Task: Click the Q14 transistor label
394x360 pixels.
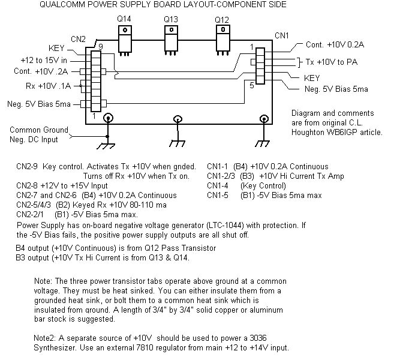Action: coord(124,19)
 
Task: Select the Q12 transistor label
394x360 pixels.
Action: coord(222,20)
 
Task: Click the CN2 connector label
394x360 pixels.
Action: coord(78,39)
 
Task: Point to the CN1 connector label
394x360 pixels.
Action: coord(282,35)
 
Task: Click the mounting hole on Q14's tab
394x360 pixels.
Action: coord(125,30)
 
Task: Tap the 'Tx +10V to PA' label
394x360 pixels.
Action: coord(332,62)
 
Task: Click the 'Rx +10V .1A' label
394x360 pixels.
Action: coord(48,86)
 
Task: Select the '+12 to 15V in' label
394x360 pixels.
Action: coord(44,61)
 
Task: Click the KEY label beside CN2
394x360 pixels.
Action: coord(56,48)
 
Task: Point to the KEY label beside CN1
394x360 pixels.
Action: coord(312,78)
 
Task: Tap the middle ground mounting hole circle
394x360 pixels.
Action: coord(178,119)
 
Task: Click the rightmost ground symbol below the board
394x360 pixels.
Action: coord(262,143)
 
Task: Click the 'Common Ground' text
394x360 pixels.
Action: coord(39,130)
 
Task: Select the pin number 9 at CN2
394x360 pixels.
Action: coord(101,47)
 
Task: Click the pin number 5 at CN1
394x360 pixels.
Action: coord(252,85)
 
